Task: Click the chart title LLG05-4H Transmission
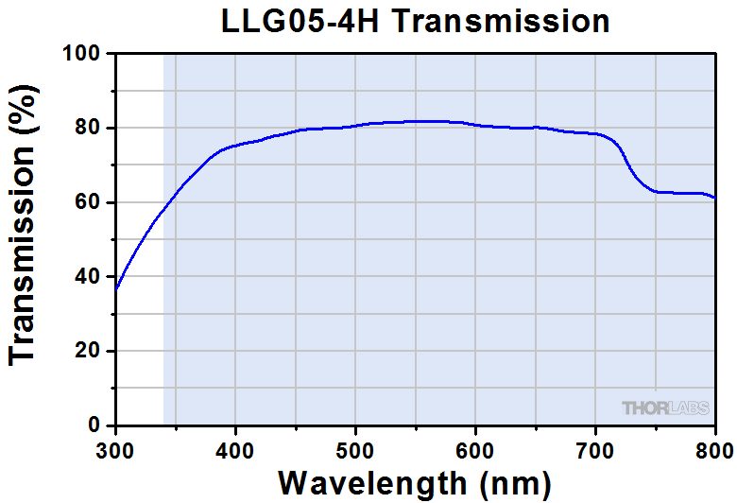pos(415,20)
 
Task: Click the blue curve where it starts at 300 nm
pos(116,288)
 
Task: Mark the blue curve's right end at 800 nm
pos(714,198)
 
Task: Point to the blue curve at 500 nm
pos(355,125)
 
